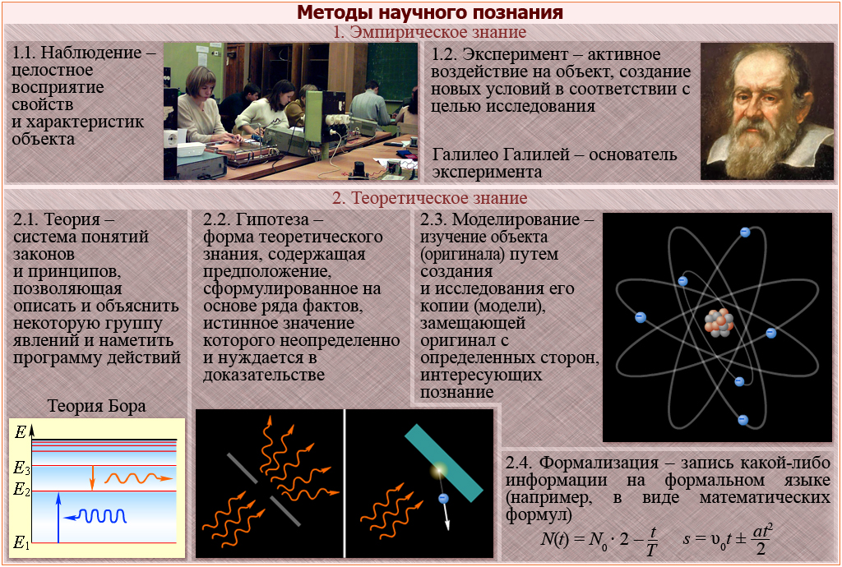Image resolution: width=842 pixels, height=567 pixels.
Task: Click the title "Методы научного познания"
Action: pos(429,12)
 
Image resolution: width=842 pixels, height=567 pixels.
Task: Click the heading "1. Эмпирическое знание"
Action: pos(429,32)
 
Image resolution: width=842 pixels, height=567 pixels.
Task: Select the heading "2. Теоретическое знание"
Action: pos(429,198)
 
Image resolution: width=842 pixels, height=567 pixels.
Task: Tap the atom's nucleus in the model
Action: pos(719,322)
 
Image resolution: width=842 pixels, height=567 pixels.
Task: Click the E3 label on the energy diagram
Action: pos(21,468)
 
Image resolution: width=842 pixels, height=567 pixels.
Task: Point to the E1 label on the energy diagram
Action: pos(21,543)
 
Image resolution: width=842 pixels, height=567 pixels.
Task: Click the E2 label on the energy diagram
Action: pos(21,489)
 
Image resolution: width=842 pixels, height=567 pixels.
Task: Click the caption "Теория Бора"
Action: pos(97,406)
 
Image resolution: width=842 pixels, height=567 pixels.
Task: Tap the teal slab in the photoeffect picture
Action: pos(443,463)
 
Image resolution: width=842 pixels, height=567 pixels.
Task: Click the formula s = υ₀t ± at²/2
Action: pos(728,539)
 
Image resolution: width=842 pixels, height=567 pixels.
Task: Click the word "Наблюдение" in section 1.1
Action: pos(91,53)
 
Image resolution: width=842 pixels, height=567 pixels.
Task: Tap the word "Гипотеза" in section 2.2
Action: pos(272,219)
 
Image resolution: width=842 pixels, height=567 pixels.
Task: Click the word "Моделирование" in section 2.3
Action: pos(516,219)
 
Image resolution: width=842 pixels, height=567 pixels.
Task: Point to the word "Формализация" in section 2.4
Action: pos(599,463)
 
